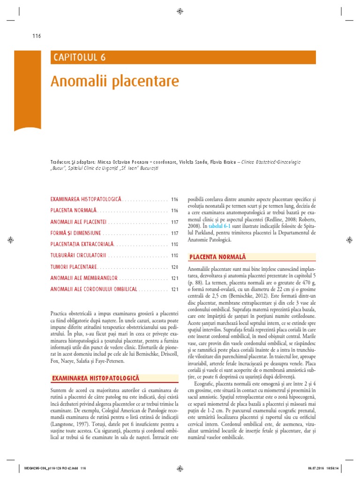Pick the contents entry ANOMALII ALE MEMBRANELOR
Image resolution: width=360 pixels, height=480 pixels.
[83, 278]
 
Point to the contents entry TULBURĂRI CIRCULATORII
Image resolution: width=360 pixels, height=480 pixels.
[78, 255]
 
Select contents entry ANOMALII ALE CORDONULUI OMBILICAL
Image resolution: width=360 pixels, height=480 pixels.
[94, 289]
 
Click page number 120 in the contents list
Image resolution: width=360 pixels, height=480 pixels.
[175, 267]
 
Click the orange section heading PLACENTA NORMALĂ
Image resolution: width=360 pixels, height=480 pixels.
[217, 257]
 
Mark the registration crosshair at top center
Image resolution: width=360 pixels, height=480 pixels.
[180, 11]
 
